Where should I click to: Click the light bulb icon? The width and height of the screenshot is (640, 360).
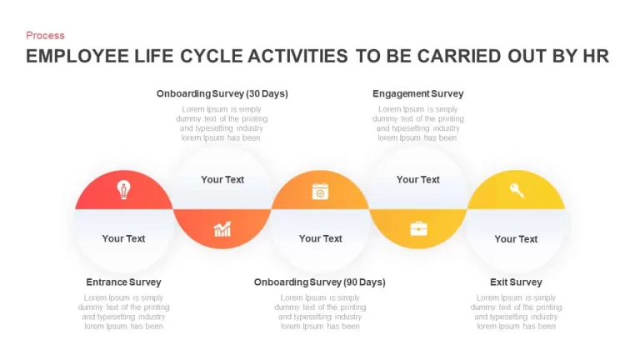tap(123, 190)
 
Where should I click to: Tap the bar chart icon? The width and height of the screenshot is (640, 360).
tap(222, 229)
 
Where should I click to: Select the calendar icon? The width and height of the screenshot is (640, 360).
tap(320, 192)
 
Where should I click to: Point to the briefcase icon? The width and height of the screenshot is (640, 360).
tap(419, 228)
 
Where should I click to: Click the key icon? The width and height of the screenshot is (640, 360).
tap(517, 190)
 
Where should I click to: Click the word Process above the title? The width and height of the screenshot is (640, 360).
tap(45, 36)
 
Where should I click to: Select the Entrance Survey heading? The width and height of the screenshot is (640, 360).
tap(123, 282)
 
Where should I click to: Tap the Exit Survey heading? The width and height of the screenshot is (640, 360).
tap(516, 282)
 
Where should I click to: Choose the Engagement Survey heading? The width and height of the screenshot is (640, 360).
tap(418, 94)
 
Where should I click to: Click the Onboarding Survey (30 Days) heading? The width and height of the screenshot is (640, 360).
tap(222, 94)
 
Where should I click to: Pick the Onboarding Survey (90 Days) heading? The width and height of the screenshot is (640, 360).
tap(320, 282)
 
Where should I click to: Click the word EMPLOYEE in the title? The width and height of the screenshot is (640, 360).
tap(77, 57)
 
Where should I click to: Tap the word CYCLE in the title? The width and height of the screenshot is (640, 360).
tap(212, 57)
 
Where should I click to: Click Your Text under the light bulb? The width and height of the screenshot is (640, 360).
tap(123, 238)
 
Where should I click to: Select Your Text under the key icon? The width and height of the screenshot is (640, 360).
tap(516, 239)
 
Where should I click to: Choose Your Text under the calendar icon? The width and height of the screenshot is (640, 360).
tap(320, 238)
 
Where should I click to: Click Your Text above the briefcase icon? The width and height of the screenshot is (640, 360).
tap(418, 180)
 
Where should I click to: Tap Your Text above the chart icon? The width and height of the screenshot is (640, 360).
tap(222, 180)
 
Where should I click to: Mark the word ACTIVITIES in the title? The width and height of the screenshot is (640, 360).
tap(298, 57)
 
